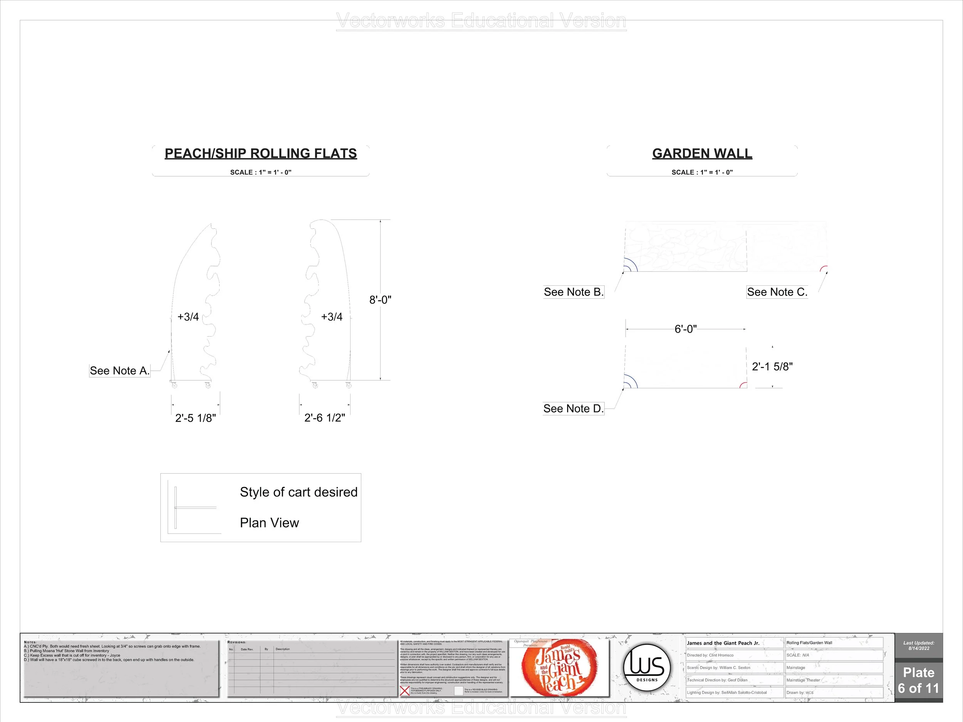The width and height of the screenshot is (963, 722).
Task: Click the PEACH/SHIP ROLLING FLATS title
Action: point(260,154)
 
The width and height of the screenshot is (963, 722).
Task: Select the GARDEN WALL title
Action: point(702,154)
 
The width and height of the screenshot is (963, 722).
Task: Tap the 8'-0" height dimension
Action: point(380,300)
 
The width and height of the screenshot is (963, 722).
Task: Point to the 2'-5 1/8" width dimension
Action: point(195,418)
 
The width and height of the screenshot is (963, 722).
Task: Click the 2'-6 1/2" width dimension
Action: point(325,418)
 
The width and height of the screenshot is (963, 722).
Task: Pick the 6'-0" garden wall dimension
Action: point(685,329)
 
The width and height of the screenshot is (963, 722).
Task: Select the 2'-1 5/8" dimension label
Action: point(772,367)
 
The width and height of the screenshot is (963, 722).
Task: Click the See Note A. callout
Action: point(119,371)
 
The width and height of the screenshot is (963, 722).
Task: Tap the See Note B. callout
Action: point(573,292)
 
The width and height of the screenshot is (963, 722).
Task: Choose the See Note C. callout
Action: point(777,292)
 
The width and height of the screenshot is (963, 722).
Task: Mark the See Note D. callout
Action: point(573,409)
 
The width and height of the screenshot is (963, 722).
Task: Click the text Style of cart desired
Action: point(299,492)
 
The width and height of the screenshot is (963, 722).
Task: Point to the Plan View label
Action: point(270,523)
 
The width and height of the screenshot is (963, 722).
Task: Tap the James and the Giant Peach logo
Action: point(559,668)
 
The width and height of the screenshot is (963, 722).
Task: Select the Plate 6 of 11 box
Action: point(919,680)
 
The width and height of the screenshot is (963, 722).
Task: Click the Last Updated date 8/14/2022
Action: point(919,648)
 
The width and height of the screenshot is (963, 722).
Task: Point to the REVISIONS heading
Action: point(237,642)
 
